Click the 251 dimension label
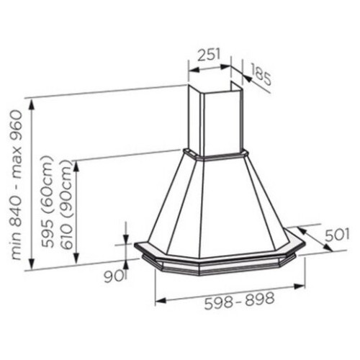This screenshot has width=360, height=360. click(x=209, y=55)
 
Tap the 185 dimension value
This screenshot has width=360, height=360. click(x=261, y=75)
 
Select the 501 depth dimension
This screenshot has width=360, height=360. click(x=337, y=235)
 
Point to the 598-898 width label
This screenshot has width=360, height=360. click(x=239, y=300)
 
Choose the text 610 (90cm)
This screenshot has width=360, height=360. click(x=66, y=204)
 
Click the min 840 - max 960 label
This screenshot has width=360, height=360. click(x=17, y=185)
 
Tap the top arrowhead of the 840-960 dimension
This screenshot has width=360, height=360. click(x=32, y=105)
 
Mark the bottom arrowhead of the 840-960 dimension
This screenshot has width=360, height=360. click(x=32, y=264)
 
